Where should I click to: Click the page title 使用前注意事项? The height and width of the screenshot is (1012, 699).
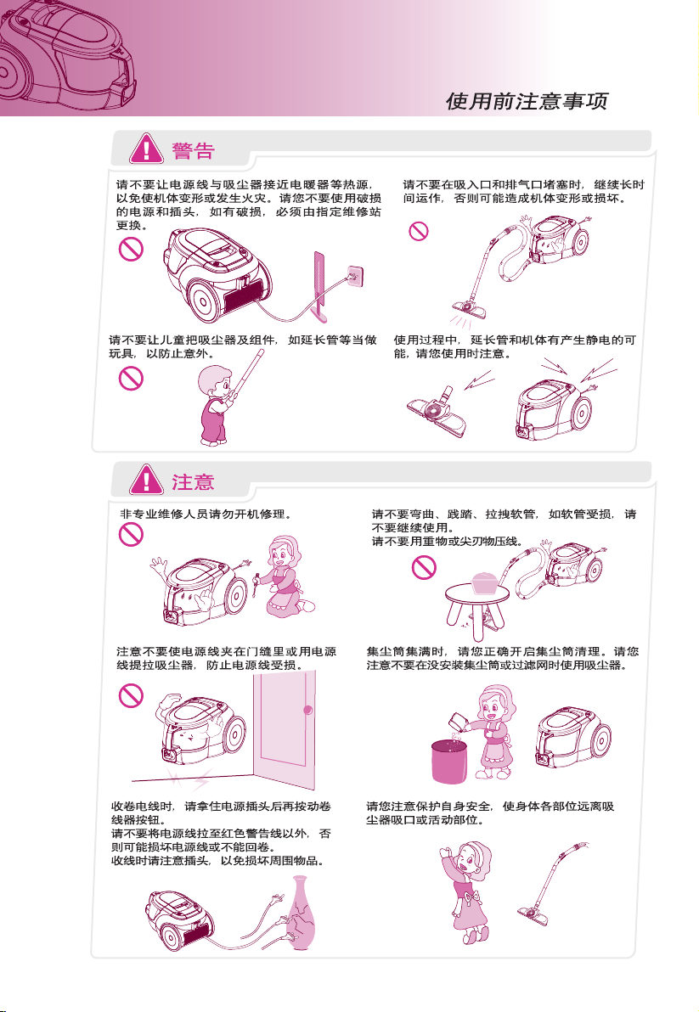(527, 101)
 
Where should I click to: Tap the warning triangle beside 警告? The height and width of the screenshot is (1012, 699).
(147, 149)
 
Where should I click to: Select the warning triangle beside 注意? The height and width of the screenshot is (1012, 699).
(147, 481)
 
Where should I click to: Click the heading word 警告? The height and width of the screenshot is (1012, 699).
(193, 151)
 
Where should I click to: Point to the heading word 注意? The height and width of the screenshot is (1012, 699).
(193, 482)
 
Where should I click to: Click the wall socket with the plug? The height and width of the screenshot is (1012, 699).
(354, 276)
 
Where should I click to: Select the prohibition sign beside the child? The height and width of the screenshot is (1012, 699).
(131, 378)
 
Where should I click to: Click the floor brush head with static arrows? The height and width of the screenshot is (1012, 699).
(437, 413)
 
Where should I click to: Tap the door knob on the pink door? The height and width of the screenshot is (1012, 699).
(307, 710)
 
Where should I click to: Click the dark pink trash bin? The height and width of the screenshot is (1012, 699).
(449, 762)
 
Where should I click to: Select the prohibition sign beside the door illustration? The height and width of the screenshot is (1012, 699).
(131, 695)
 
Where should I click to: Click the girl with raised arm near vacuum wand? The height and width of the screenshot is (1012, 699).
(466, 892)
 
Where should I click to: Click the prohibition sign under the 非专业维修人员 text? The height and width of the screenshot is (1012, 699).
(131, 534)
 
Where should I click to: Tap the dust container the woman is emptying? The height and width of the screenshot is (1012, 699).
(459, 722)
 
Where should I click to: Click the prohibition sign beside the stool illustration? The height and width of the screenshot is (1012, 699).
(424, 567)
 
